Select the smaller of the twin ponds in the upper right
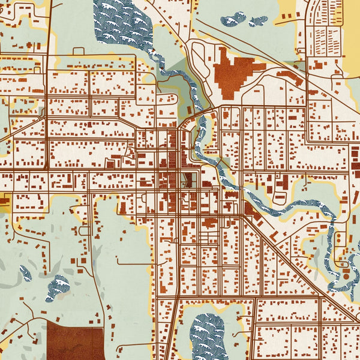258,21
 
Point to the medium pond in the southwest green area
58,286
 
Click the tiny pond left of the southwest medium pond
25,274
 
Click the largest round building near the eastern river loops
346,275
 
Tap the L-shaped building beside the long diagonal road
250,208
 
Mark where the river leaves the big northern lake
150,54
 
